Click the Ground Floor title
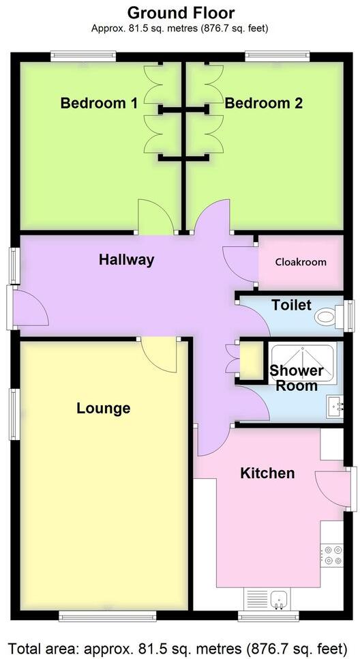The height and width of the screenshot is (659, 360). point(181,12)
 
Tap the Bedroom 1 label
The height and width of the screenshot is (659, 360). point(99,104)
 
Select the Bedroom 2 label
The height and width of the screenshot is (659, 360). point(264,104)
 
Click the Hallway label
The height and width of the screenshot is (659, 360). point(126,259)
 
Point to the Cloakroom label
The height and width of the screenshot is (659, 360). point(301,262)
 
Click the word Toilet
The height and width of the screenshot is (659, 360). point(291,305)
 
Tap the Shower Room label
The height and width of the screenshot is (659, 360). point(297,378)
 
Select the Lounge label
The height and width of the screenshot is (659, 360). point(103,409)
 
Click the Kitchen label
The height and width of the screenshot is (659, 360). point(267,473)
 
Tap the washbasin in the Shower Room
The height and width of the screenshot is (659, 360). point(335,405)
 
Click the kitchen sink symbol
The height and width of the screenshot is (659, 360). point(277,600)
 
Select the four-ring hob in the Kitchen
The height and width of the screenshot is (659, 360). point(333,555)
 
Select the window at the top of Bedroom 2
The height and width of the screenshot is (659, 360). point(277,57)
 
